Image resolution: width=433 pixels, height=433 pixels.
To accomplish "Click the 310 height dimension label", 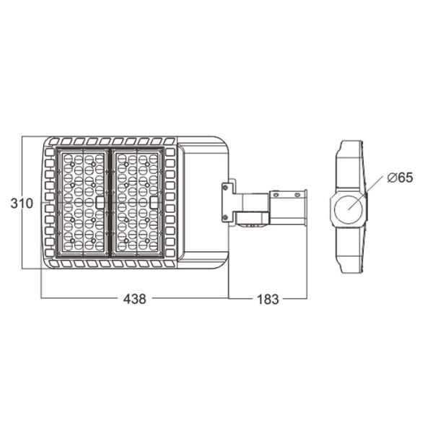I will coord(22,204).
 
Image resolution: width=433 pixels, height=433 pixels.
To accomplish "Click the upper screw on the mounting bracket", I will coord(225,188).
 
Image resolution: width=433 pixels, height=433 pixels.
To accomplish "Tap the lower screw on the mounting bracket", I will coord(225,217).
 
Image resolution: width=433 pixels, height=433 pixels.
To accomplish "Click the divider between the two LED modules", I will coord(110,203).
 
